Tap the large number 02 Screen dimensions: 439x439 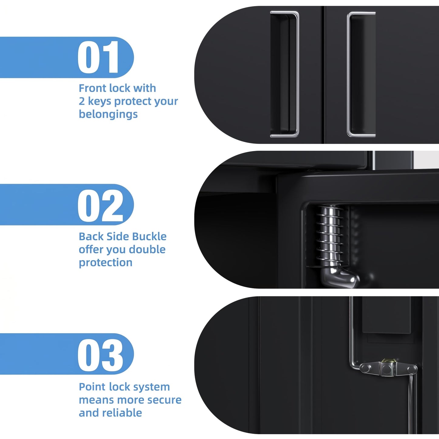pos(101,205)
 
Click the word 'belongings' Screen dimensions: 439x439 pos(108,114)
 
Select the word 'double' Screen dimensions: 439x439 pos(147,249)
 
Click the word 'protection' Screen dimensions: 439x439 pos(105,263)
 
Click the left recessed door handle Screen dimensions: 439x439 pos(285,74)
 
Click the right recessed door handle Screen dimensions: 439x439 pos(361,74)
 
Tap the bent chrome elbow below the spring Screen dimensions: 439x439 pos(339,276)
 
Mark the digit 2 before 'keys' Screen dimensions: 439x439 pos(82,101)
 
